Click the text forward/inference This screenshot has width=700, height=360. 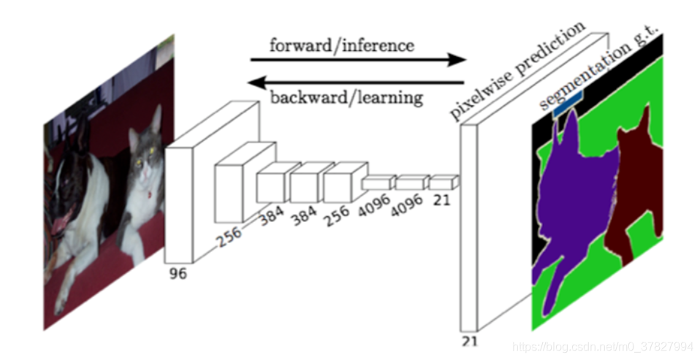point(341,46)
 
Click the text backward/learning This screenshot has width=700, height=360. point(347,98)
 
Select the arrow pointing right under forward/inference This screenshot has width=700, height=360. point(358,59)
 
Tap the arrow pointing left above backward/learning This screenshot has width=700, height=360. point(356,83)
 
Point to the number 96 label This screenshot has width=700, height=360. point(178,273)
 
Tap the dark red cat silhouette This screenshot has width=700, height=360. point(635,183)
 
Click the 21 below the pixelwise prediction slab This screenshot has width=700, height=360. point(469,342)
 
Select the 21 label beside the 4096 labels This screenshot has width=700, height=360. point(441,200)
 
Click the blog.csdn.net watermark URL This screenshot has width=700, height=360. point(602,347)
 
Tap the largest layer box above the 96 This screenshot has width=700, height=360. point(210,182)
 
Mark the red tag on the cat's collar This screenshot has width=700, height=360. point(148,194)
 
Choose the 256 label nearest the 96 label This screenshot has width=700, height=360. point(230,237)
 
